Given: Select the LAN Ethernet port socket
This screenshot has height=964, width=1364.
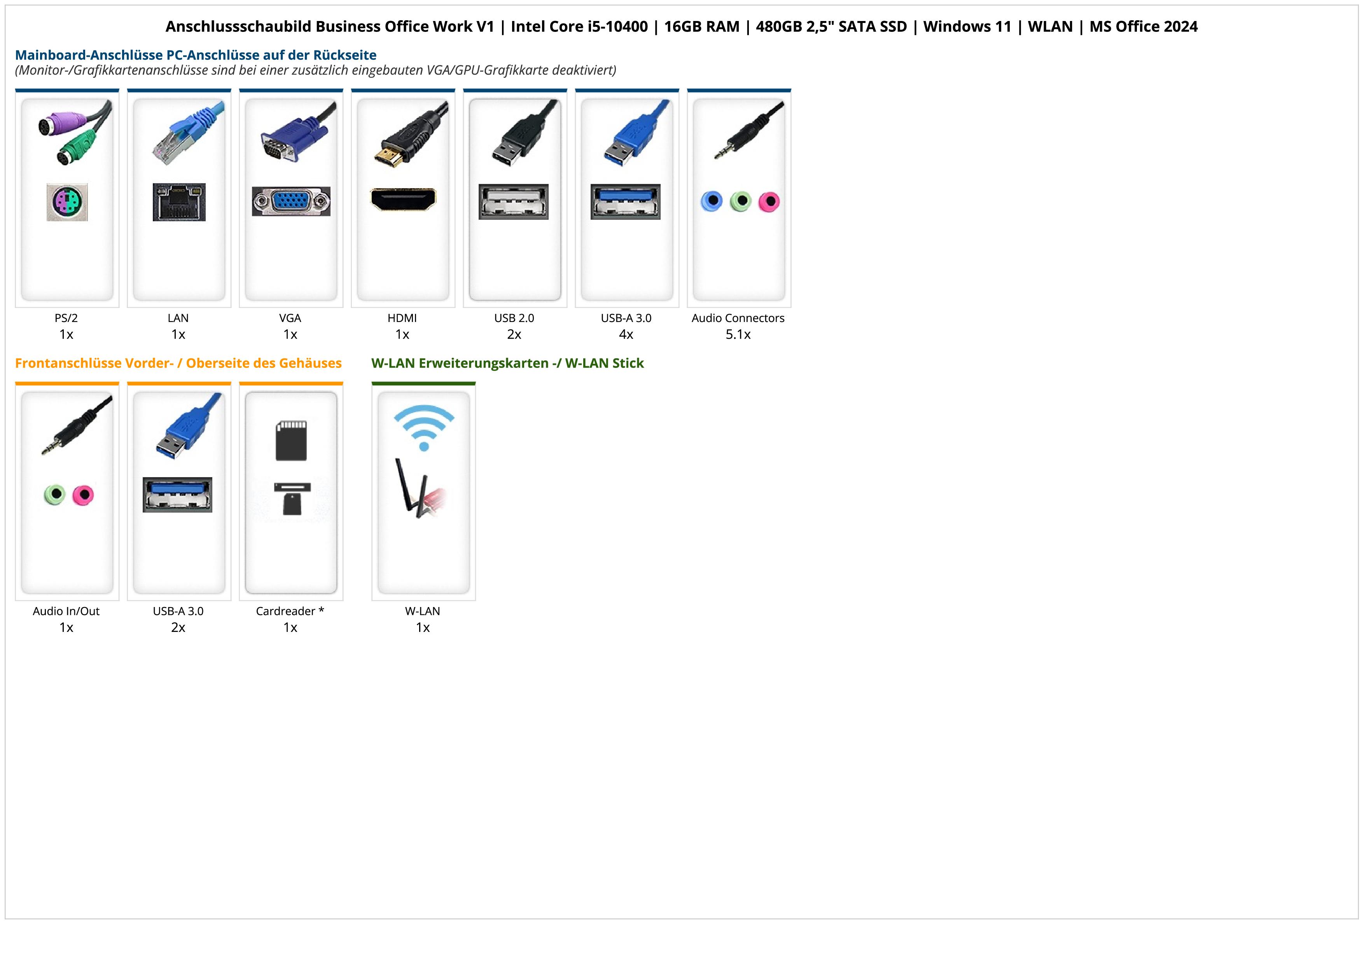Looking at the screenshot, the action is [179, 202].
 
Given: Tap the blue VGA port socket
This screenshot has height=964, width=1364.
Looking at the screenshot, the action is [291, 201].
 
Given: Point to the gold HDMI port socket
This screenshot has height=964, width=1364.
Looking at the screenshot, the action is [403, 199].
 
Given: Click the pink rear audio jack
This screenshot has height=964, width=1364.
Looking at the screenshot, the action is [769, 201].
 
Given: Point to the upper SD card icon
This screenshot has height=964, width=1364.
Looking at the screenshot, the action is [291, 440].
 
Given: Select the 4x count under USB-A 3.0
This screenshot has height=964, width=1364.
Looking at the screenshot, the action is [626, 334].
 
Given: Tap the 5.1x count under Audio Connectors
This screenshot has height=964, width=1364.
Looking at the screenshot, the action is [738, 334].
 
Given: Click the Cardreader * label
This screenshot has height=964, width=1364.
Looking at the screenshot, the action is [290, 611].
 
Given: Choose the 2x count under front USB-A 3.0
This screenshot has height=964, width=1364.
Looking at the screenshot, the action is [178, 627].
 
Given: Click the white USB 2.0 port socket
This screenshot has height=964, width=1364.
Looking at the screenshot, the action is [514, 201].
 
